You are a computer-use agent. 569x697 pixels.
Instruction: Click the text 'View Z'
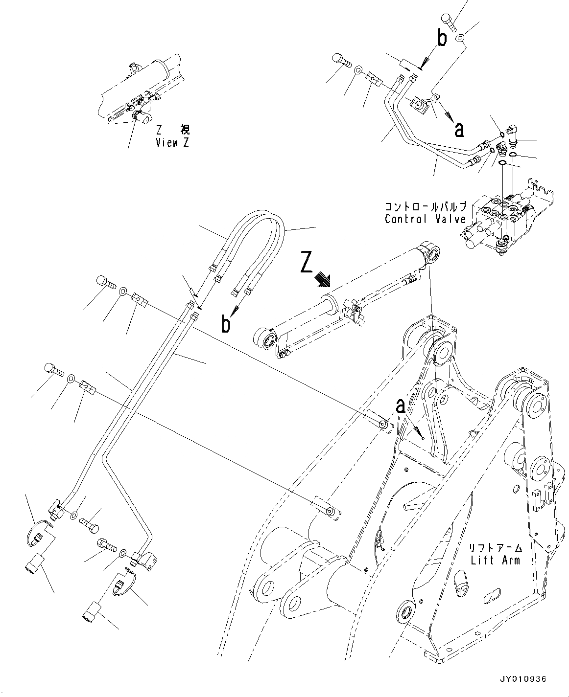(172, 142)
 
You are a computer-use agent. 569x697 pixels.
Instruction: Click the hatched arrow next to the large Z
(324, 280)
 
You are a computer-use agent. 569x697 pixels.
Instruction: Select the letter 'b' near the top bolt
(442, 39)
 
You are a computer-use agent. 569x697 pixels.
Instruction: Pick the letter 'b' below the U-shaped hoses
(226, 324)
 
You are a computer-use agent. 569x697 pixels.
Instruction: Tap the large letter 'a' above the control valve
(458, 129)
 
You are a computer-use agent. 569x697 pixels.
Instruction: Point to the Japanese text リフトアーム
(496, 547)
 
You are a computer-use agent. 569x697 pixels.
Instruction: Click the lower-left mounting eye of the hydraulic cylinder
(265, 339)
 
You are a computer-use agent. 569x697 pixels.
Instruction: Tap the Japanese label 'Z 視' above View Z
(172, 130)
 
